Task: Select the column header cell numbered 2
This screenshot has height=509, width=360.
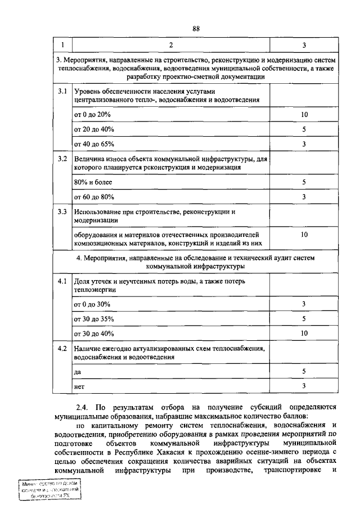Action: click(x=171, y=44)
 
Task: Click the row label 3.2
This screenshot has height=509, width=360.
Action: click(x=62, y=159)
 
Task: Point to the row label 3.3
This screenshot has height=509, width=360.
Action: click(x=62, y=212)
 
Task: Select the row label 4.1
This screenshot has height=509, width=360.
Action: click(x=62, y=280)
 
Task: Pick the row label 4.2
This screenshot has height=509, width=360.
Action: click(x=62, y=349)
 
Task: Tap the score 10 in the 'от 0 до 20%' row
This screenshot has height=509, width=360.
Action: click(x=304, y=115)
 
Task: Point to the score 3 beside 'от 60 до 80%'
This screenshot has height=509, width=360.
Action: click(x=304, y=197)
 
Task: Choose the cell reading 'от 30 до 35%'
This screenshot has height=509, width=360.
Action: click(x=94, y=318)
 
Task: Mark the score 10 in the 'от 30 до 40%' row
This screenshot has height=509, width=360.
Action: click(x=304, y=333)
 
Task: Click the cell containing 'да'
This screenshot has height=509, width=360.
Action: click(x=78, y=372)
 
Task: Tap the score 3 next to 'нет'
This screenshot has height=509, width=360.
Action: click(x=304, y=386)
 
